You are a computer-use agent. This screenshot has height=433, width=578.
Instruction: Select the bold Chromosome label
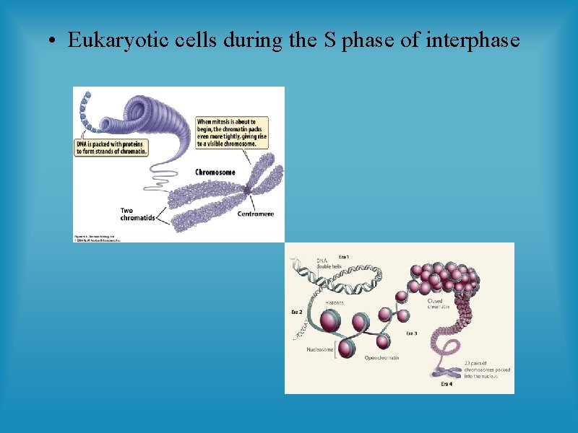[x=215, y=172]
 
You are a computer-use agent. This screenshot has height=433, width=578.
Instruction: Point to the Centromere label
[x=259, y=214]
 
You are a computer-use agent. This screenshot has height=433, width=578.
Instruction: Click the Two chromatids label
[x=137, y=215]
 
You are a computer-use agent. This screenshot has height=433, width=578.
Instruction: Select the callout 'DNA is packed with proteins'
[x=111, y=148]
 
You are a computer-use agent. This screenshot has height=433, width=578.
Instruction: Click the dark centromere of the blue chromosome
[x=248, y=189]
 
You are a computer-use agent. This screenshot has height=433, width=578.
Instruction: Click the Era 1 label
[x=345, y=257]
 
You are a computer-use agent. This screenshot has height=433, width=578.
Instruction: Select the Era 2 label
[x=296, y=312]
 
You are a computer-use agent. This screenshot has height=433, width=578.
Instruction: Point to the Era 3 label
[x=411, y=333]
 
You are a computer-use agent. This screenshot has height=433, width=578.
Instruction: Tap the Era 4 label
[x=447, y=385]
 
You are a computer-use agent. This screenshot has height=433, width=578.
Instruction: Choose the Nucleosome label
[x=319, y=349]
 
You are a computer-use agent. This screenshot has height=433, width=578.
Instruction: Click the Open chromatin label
[x=381, y=357]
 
